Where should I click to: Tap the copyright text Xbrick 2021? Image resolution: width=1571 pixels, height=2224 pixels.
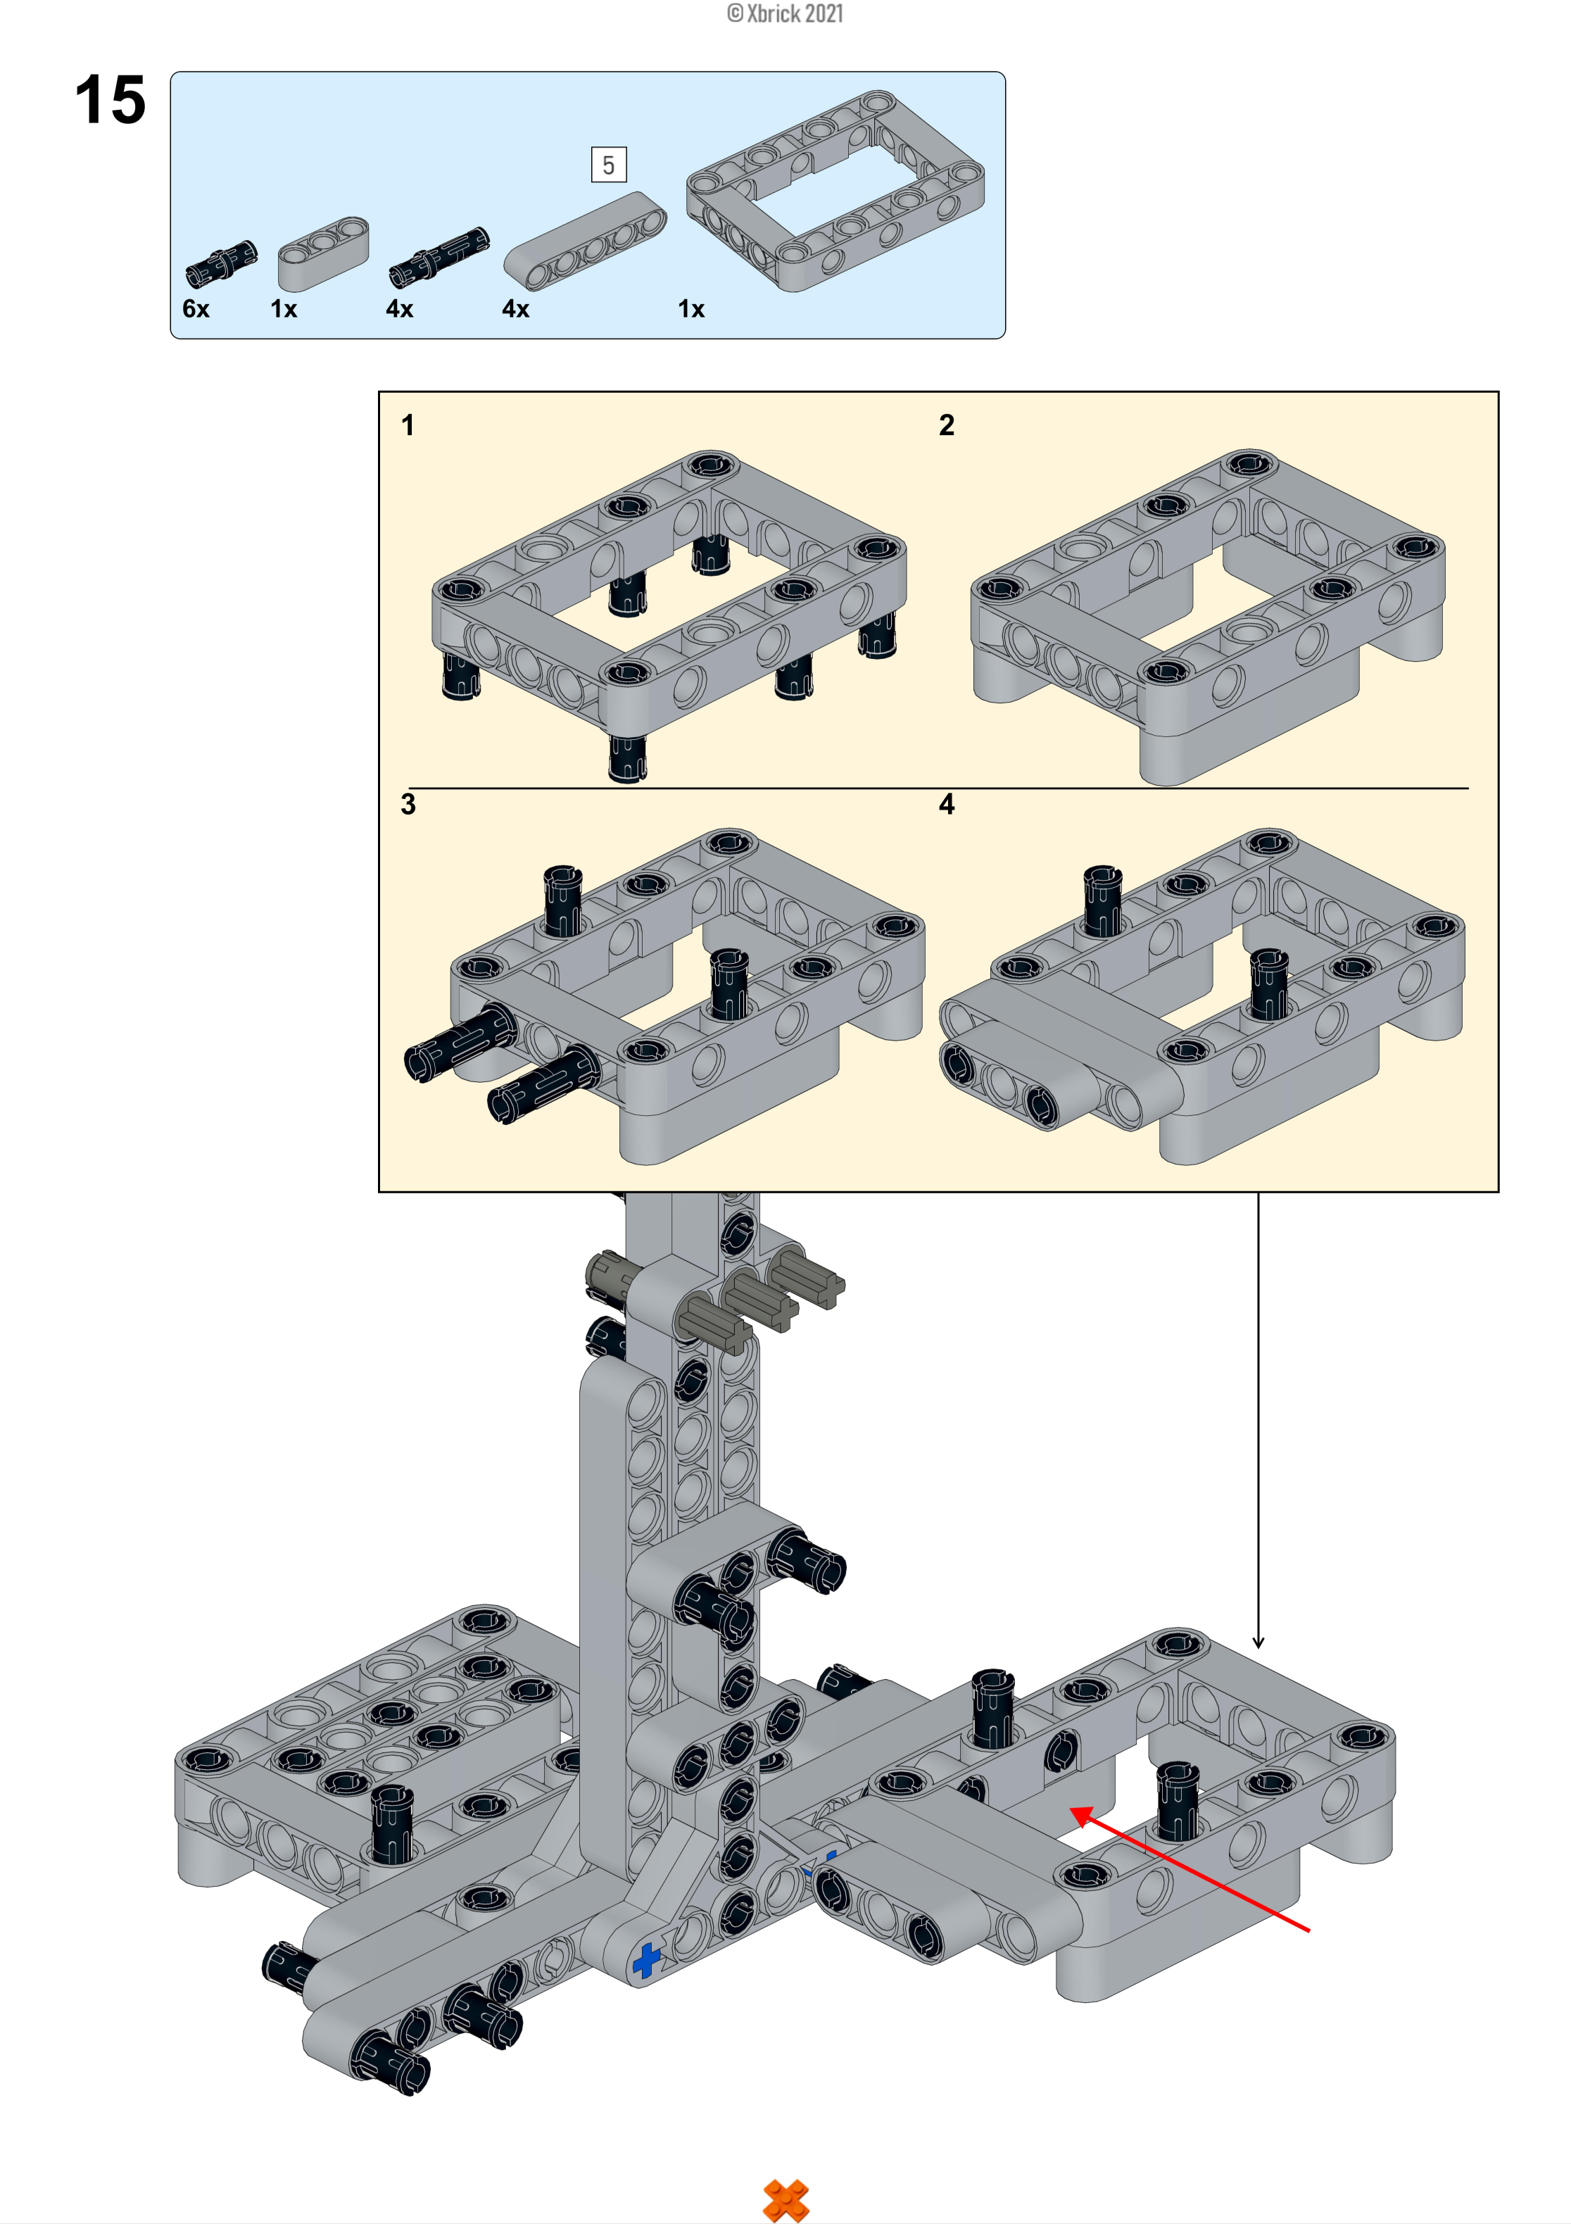(785, 13)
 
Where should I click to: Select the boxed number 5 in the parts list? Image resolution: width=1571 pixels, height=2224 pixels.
(608, 165)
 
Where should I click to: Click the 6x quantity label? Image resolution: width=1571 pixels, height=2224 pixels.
(196, 309)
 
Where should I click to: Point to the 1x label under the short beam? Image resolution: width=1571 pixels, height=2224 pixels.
(283, 309)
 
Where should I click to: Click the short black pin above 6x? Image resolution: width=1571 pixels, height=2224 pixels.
(222, 263)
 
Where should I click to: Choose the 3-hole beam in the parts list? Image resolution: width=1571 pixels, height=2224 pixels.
(324, 253)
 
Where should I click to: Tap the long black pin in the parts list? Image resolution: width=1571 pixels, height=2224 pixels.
(439, 257)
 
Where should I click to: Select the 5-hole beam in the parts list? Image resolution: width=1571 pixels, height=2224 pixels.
(585, 240)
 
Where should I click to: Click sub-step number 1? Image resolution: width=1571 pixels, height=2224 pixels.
(408, 425)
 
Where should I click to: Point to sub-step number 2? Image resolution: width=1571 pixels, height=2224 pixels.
(946, 425)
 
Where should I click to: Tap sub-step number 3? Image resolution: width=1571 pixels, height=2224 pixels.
(408, 804)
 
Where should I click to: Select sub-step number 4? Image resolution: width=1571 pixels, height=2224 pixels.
(946, 804)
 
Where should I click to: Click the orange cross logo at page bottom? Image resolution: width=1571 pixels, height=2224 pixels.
(785, 2200)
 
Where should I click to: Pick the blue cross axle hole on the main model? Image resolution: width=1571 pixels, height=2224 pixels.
(646, 1961)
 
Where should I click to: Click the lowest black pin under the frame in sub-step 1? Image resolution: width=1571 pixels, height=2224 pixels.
(626, 758)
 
